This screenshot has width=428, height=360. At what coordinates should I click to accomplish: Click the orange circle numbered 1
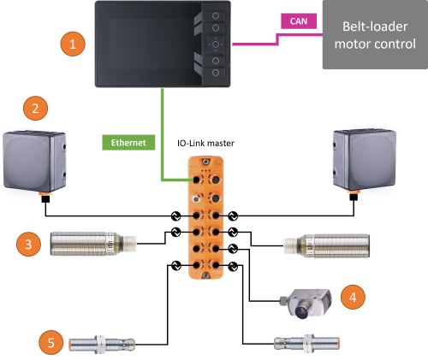[x=73, y=44]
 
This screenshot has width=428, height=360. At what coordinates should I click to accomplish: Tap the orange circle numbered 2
[x=35, y=109]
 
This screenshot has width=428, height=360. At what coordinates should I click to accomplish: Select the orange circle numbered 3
[x=28, y=245]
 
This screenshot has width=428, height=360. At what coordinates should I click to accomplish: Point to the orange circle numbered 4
[x=353, y=297]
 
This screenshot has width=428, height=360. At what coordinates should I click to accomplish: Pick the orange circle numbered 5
[x=51, y=342]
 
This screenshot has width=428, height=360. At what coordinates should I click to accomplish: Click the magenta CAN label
[x=299, y=21]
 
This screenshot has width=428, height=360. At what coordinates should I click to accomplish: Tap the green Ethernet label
[x=128, y=143]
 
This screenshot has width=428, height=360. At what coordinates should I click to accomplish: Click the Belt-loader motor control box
[x=375, y=35]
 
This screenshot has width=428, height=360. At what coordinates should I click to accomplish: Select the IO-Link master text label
[x=205, y=143]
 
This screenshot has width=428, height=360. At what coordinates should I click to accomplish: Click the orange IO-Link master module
[x=205, y=217]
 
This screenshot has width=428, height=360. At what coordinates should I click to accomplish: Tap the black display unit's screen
[x=152, y=44]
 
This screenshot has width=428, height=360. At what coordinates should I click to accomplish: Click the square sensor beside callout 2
[x=34, y=162]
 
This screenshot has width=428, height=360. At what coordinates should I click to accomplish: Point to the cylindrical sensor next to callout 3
[x=93, y=244]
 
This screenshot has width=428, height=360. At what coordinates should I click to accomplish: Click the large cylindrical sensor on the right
[x=327, y=245]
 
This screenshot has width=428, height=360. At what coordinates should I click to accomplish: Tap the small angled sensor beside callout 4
[x=306, y=304]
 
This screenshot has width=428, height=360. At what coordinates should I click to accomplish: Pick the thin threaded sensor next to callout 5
[x=102, y=345]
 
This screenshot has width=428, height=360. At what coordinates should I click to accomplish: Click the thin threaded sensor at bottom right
[x=306, y=343]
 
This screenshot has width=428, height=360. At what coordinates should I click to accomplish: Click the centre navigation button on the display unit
[x=216, y=44]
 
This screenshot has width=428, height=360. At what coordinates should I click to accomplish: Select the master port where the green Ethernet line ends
[x=196, y=180]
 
